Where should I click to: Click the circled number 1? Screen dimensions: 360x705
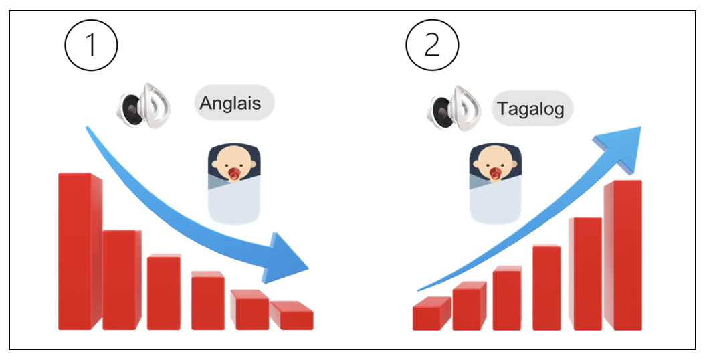pos(91,47)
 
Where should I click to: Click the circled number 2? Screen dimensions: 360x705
pos(433,47)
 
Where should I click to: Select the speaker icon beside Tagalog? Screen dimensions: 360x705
pos(455,107)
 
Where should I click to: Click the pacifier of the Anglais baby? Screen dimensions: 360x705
pos(235,175)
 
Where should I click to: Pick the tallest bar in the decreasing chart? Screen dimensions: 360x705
pos(77,251)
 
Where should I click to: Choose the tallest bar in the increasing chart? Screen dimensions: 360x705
pos(623,254)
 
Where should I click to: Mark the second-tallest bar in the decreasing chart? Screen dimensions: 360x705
pos(121,279)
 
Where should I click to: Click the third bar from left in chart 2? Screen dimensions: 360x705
pos(506,298)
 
